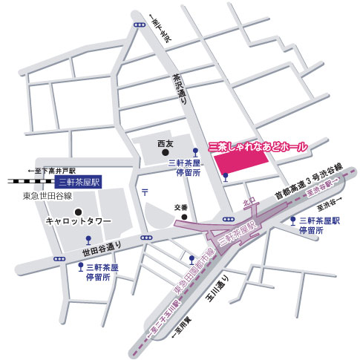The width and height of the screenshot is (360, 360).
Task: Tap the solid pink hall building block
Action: coord(247,164)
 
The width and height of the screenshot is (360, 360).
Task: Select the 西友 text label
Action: coord(166,143)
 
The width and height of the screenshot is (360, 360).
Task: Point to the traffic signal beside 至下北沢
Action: coord(140,24)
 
